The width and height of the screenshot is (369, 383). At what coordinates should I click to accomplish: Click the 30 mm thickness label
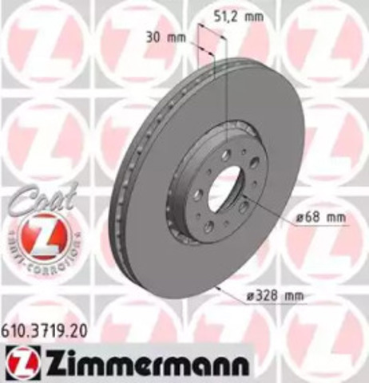[164, 37]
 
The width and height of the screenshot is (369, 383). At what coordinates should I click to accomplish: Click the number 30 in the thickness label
[154, 37]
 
